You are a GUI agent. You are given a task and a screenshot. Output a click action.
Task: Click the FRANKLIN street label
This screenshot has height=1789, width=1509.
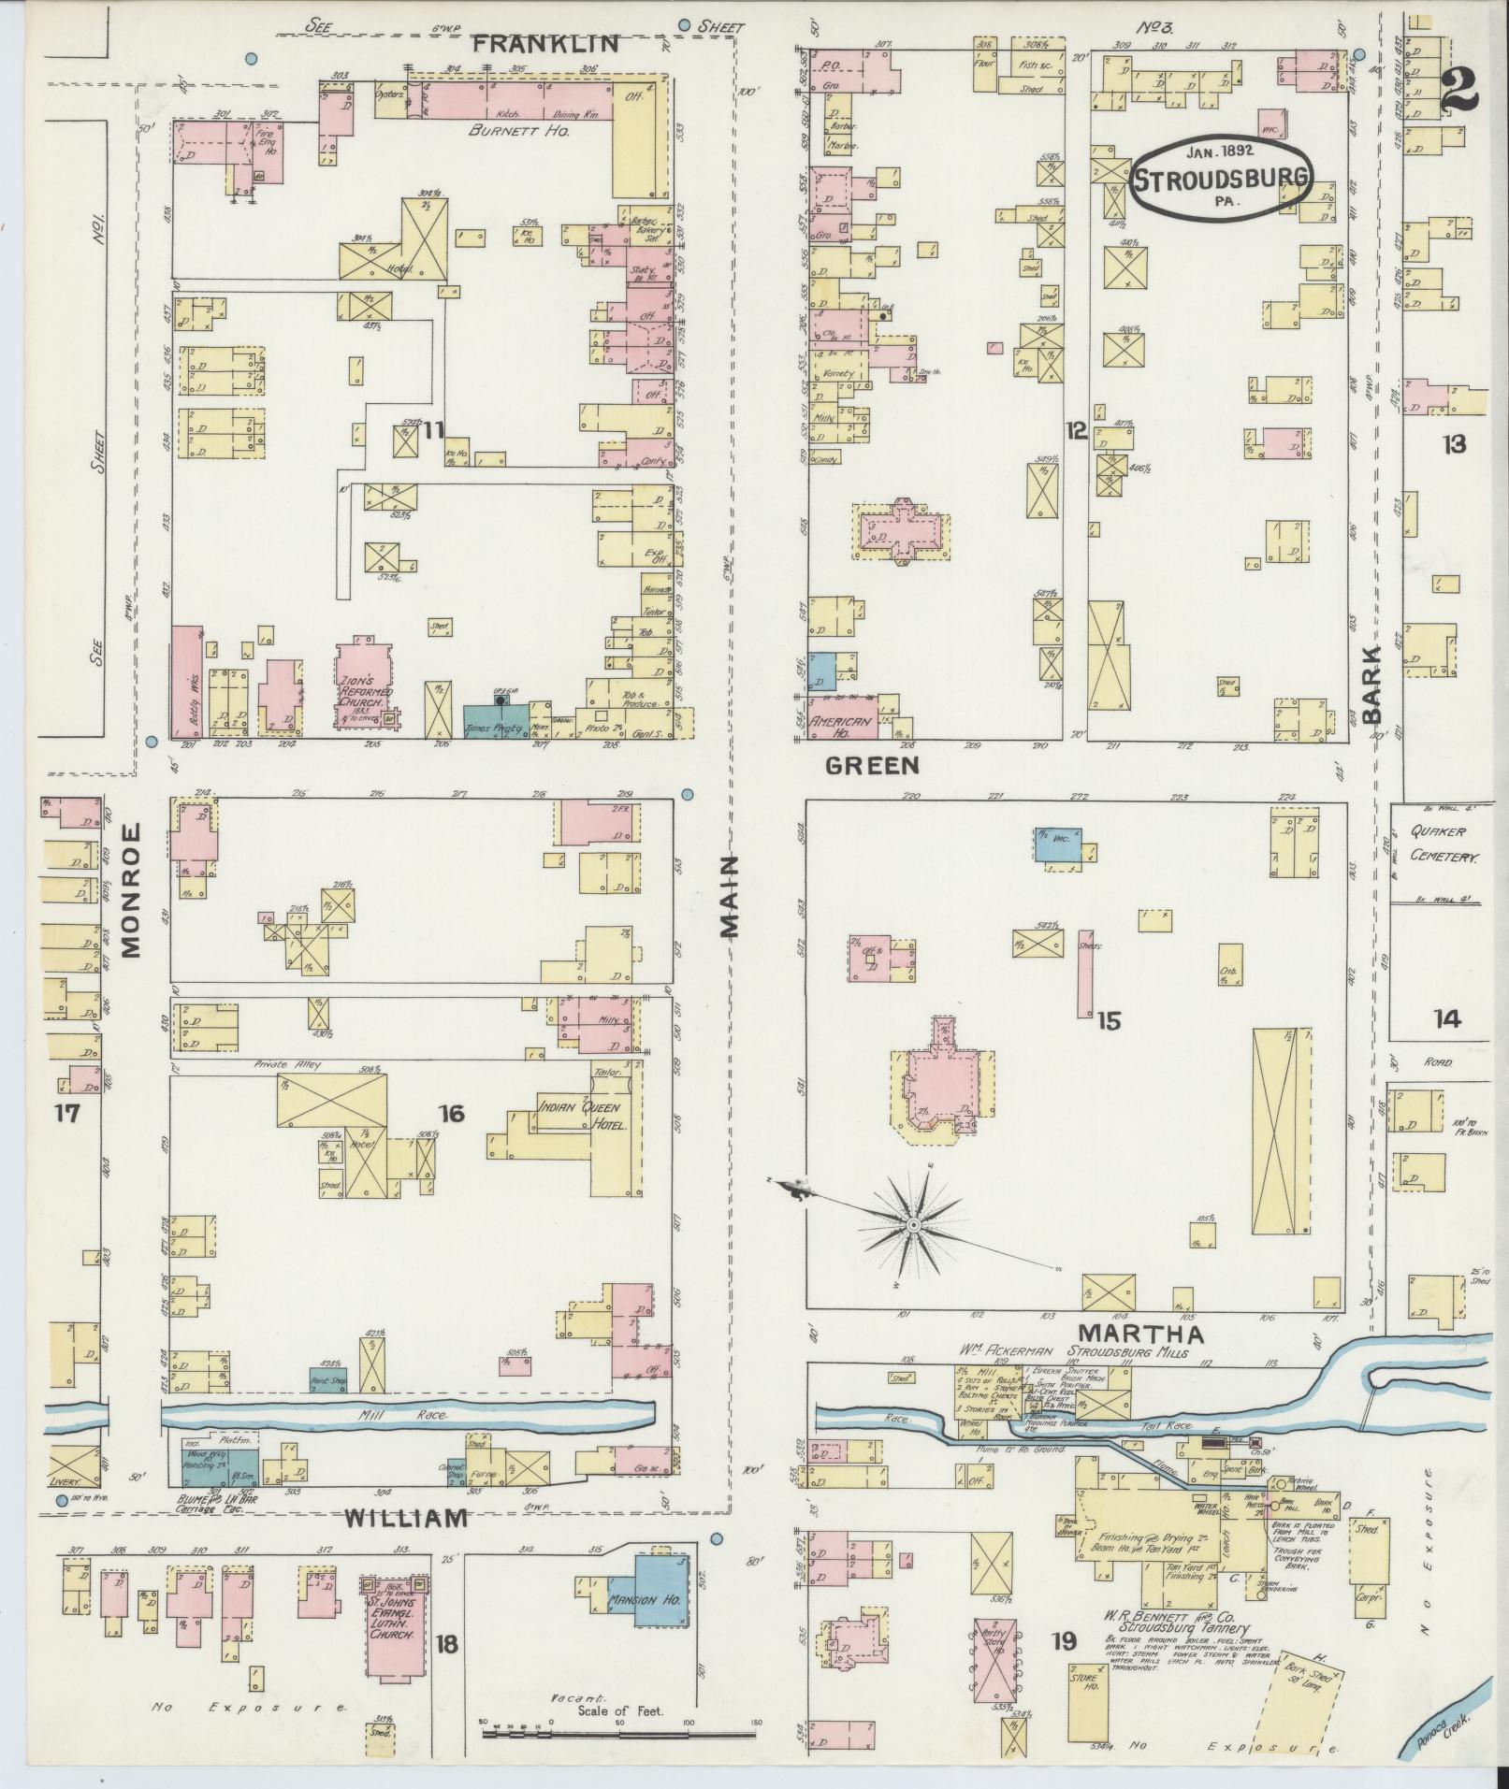pos(559,43)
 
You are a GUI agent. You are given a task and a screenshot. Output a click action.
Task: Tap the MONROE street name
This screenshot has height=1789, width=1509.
pos(129,890)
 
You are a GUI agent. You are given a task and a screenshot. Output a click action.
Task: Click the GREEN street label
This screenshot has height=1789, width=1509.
pos(872,766)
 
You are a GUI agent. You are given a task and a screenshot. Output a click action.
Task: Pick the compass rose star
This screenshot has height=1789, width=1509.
pos(913,1223)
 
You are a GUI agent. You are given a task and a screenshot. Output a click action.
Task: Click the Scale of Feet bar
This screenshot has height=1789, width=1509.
pos(617,1733)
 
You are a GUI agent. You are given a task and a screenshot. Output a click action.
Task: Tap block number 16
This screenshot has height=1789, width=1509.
pos(452,1113)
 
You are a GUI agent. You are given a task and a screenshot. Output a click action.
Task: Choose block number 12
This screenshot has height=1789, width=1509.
pos(1076,431)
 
